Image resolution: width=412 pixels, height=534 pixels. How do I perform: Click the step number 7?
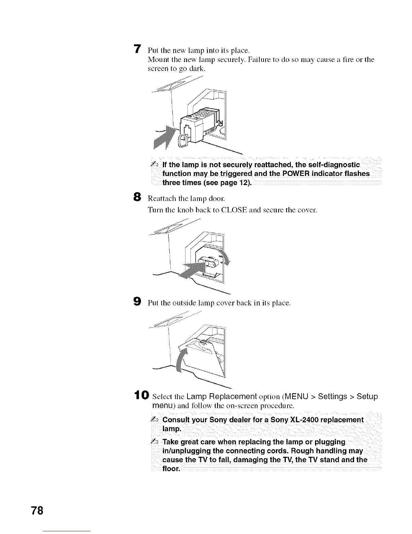pyautogui.click(x=137, y=49)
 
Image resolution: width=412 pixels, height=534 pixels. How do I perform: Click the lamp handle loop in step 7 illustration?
pyautogui.click(x=184, y=141)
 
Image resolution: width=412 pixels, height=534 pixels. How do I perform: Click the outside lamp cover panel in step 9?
pyautogui.click(x=205, y=361)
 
